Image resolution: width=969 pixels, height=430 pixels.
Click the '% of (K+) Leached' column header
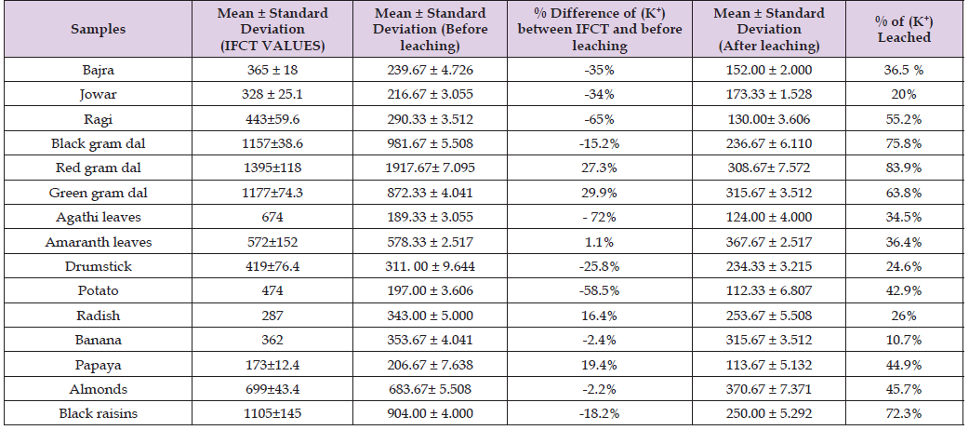[902, 28]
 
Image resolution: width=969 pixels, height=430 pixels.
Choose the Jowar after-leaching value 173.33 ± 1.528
[769, 94]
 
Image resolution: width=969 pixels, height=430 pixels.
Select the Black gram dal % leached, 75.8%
[902, 142]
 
